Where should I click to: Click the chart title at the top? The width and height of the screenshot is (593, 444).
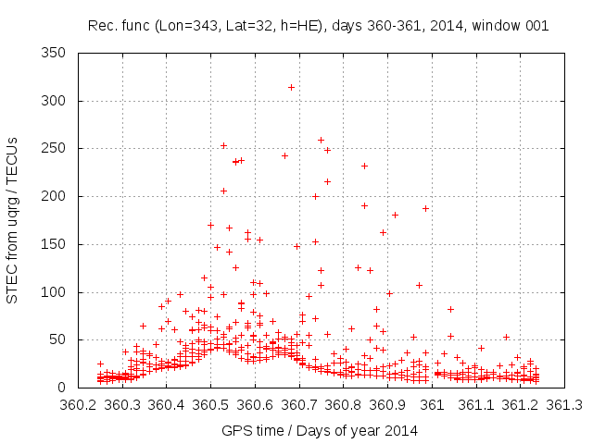(x=318, y=25)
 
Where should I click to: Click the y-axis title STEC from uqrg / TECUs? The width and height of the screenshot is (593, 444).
(x=13, y=219)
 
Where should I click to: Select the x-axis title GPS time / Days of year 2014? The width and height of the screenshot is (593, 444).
(x=320, y=430)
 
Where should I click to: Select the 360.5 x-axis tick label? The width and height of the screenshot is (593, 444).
(x=211, y=406)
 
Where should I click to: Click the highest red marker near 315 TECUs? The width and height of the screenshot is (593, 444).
(x=291, y=87)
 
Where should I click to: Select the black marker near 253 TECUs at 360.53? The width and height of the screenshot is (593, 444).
(x=223, y=145)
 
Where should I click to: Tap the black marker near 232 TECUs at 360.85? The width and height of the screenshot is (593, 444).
(x=365, y=166)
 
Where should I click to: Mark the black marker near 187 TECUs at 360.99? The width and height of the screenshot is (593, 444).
(x=426, y=208)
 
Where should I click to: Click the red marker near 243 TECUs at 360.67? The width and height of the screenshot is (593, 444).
(x=284, y=155)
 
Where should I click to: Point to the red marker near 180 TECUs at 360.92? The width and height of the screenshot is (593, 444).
(x=395, y=215)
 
